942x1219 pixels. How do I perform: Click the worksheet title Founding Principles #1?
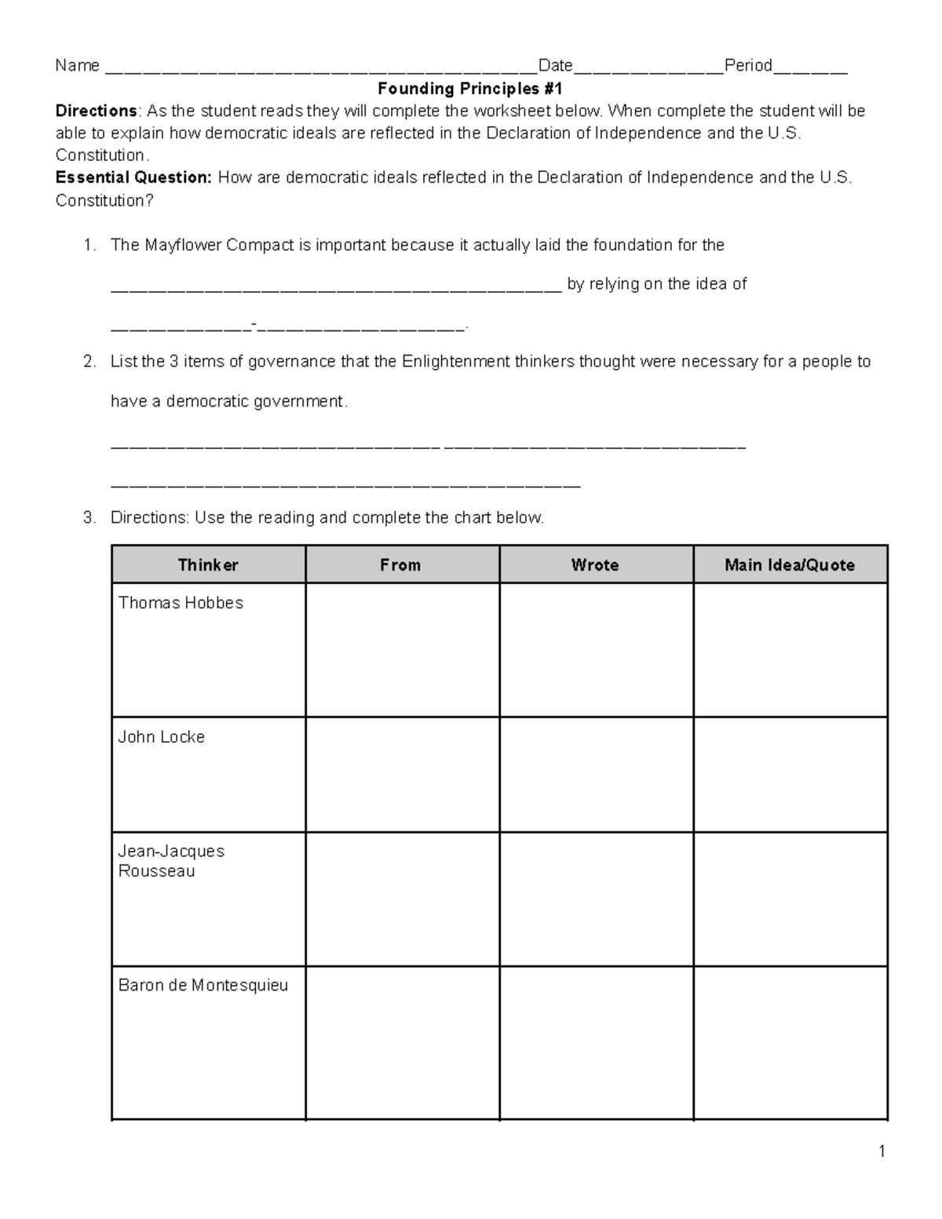(x=470, y=89)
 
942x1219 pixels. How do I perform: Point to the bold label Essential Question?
(x=133, y=177)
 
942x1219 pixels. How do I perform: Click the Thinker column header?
(x=208, y=565)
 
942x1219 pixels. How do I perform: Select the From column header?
(x=400, y=565)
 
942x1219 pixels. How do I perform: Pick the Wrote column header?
(x=595, y=565)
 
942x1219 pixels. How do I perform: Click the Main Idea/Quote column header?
(x=790, y=565)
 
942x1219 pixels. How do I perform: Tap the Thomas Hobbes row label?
(x=181, y=603)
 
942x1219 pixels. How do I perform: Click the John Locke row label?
(x=161, y=737)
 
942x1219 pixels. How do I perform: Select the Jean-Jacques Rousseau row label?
(x=171, y=861)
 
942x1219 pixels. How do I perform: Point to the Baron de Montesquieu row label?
(x=203, y=985)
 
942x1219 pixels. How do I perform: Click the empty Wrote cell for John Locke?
(x=596, y=774)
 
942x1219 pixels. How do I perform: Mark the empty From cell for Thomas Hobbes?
(x=402, y=650)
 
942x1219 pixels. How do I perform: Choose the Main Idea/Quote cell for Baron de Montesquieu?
(x=790, y=1042)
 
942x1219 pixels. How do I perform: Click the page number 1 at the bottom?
(x=882, y=1151)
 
